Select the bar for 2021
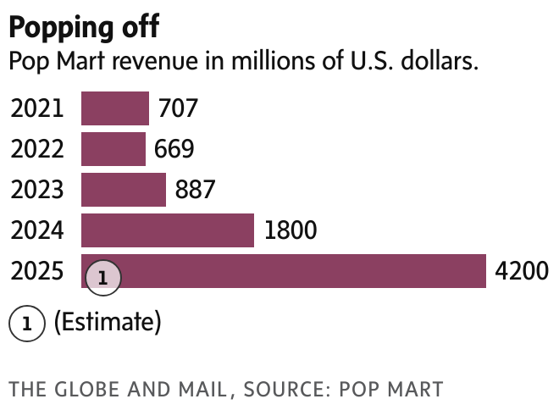[114, 108]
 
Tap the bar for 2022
[113, 149]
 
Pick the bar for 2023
[123, 190]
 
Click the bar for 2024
[167, 230]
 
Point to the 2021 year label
[37, 109]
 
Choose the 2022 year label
[37, 150]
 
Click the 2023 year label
[37, 191]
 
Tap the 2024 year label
[37, 231]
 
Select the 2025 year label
[37, 272]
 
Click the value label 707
[177, 109]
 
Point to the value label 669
[174, 150]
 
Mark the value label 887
[195, 191]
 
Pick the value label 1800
[291, 231]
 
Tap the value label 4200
[521, 272]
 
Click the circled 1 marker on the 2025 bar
[102, 277]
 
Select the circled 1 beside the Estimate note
[27, 323]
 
